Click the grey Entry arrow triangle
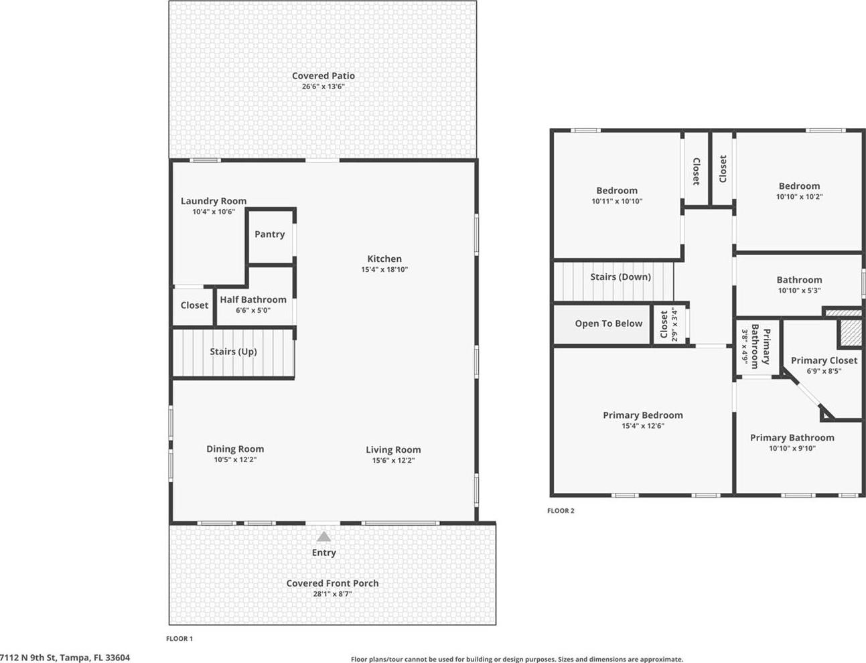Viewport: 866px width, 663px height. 323,536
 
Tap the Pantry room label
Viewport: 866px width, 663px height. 270,234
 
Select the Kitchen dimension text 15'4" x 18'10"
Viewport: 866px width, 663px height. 384,269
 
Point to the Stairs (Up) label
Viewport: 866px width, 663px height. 233,352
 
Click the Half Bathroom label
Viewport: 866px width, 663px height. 253,299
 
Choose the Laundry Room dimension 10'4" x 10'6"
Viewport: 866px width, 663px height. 214,212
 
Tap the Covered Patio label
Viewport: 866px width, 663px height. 323,76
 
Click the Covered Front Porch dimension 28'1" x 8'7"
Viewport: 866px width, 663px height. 332,594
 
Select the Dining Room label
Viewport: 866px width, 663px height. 235,449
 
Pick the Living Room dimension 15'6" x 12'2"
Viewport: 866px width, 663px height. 393,461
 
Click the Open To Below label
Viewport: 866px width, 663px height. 609,323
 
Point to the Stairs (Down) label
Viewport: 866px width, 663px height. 620,277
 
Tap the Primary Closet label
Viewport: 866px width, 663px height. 824,360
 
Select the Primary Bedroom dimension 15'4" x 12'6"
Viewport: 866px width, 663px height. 643,426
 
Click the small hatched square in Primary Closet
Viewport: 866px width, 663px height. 851,333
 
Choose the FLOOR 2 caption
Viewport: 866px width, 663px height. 561,511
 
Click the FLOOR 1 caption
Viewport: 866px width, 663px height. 179,639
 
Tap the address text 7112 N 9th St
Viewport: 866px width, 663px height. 29,658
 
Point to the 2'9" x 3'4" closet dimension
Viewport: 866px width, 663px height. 674,324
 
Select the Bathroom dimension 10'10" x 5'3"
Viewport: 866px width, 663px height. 799,291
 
